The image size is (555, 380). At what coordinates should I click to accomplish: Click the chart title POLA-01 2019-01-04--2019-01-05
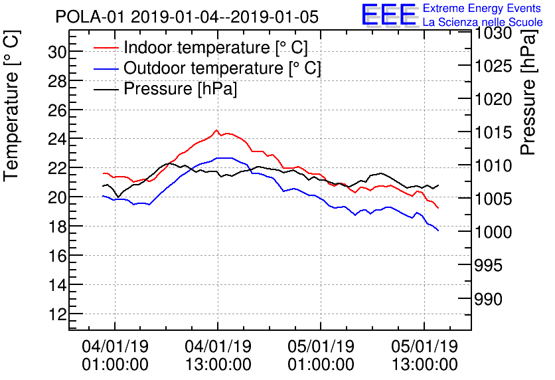187,17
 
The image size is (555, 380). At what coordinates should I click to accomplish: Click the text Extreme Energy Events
483,9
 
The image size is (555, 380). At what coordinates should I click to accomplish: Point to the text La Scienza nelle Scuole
483,23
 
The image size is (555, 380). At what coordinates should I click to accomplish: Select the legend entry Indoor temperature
216,48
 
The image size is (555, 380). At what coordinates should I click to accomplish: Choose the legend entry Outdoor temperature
222,68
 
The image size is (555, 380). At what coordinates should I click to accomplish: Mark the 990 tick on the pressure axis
492,299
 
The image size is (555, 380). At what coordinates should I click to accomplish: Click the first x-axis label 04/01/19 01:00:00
115,355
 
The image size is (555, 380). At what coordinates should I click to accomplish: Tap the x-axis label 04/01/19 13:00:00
218,355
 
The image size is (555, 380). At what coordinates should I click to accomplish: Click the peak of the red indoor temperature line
216,130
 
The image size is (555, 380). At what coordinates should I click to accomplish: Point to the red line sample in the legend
106,48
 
